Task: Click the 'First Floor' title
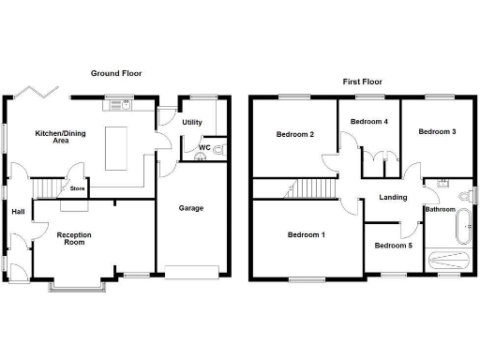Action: [362, 82]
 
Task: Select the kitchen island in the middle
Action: [116, 149]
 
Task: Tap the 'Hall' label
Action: [18, 212]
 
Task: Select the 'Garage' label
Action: [191, 208]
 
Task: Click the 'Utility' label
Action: [193, 123]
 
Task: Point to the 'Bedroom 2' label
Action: [294, 134]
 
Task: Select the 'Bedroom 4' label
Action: [369, 122]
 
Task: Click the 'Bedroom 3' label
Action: [437, 131]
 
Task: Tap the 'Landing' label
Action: [392, 197]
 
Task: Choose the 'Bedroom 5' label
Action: [393, 246]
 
